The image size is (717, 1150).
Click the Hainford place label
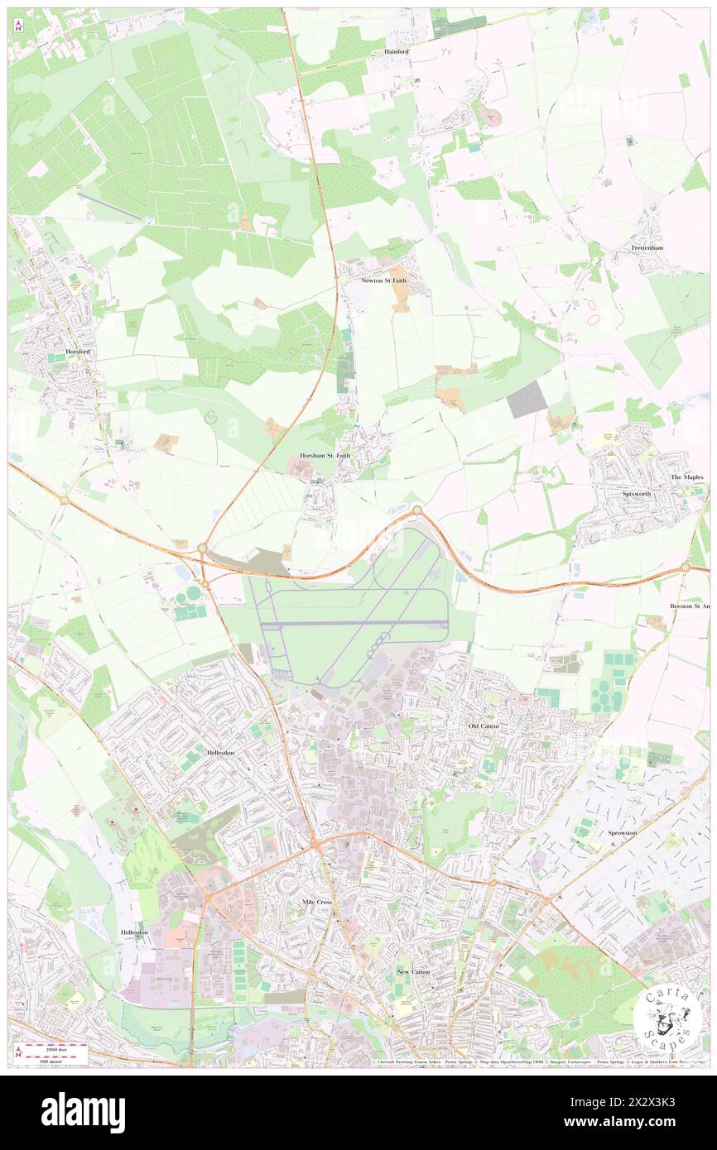click(x=397, y=51)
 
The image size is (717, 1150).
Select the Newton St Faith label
click(x=384, y=280)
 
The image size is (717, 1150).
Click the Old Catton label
click(x=484, y=726)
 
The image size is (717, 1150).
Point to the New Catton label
click(x=413, y=971)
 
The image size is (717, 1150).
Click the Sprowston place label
click(x=622, y=832)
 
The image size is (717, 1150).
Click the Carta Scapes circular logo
click(x=669, y=1019)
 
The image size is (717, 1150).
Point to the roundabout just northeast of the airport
click(x=417, y=510)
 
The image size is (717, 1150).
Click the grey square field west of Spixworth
click(x=527, y=399)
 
